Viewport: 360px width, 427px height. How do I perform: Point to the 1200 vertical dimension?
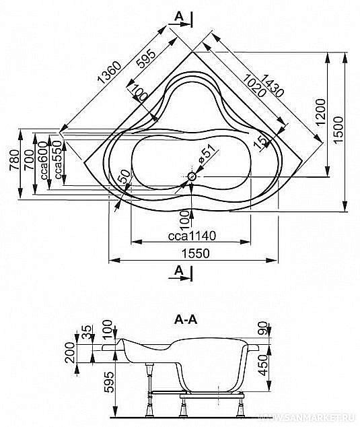point(320,112)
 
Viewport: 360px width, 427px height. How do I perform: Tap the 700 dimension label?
point(29,162)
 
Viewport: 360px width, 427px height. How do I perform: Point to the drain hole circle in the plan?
point(192,177)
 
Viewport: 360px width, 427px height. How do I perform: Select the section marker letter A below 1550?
point(178,271)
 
